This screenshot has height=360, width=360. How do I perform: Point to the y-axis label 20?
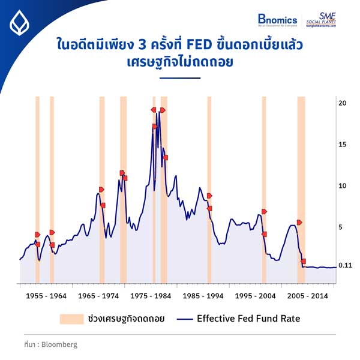tap(343, 103)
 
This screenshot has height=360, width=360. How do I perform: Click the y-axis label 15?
tap(343, 145)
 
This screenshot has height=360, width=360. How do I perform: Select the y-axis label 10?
tap(343, 186)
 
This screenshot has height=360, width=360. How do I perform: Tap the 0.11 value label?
tap(344, 265)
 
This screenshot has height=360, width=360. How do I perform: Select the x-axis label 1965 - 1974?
tap(98, 296)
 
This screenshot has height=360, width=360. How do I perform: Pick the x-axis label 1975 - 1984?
tap(151, 296)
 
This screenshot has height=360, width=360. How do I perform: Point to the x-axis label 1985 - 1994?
tap(203, 296)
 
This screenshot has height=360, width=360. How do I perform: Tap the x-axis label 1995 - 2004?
tap(256, 296)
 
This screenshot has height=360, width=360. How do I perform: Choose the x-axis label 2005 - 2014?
tap(308, 296)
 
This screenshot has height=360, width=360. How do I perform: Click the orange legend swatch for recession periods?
tap(71, 319)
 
